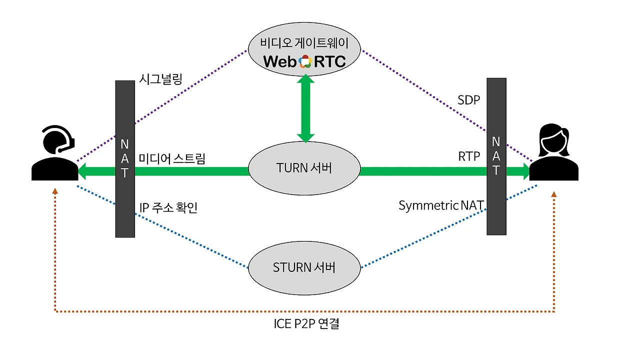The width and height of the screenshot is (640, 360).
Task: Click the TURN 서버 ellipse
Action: click(304, 168)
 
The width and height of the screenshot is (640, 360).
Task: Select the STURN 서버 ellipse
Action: click(304, 267)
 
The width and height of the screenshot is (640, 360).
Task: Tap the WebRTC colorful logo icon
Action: click(305, 61)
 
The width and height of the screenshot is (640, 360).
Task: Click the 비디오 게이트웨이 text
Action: click(304, 43)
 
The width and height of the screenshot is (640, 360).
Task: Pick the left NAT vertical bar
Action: click(125, 158)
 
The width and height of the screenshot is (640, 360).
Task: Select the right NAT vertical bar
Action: click(496, 156)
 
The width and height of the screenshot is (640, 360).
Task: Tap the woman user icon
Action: click(553, 153)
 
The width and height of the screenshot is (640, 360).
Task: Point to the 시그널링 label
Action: click(161, 78)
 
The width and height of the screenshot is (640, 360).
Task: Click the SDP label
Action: click(468, 100)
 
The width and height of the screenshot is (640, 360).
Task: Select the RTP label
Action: click(468, 156)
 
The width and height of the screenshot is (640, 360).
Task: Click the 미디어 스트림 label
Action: click(172, 159)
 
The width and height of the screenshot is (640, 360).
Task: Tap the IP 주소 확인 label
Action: click(168, 207)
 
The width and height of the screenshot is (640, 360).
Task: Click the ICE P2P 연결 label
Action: click(306, 323)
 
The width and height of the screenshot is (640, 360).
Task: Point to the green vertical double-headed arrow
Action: click(305, 108)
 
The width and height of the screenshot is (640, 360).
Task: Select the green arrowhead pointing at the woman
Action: click(523, 171)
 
